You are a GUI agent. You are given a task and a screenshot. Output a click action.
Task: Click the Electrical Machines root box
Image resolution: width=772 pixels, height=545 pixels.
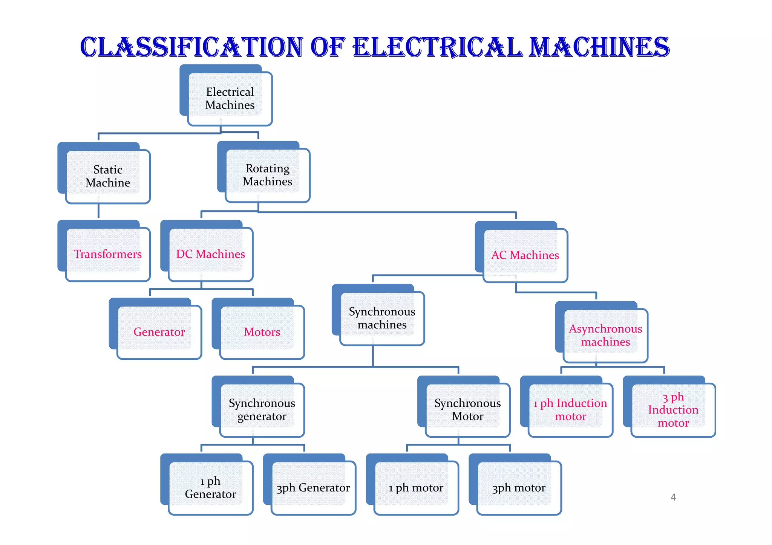coord(230,98)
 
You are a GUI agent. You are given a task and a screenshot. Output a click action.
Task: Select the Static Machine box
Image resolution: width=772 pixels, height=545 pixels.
coord(108,176)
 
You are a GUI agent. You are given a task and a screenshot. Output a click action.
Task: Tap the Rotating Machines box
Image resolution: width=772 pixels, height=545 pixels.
coord(267,175)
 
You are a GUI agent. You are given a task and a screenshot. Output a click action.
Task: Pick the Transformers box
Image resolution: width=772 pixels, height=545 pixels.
coord(108,254)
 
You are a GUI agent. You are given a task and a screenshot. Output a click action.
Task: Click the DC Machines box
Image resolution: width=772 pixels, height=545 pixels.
coord(210,254)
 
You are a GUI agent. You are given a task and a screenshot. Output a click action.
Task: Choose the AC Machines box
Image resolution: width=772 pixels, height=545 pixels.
coord(525,255)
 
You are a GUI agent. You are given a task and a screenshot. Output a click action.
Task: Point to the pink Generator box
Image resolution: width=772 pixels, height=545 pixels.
coord(159,332)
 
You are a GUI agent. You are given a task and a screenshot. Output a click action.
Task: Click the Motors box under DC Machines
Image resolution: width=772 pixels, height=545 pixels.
coord(262,332)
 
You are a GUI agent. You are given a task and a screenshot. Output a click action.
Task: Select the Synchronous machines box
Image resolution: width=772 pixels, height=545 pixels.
coord(382,318)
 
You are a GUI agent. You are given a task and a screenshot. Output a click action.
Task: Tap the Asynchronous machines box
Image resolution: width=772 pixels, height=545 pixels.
coord(605,335)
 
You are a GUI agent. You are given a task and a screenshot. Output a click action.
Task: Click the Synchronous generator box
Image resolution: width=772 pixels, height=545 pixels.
coord(262,409)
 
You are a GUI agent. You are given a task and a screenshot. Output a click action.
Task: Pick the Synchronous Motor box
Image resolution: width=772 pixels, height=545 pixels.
coord(467,409)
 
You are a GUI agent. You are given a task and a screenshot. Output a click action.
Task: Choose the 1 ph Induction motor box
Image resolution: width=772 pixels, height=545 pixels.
coord(570,409)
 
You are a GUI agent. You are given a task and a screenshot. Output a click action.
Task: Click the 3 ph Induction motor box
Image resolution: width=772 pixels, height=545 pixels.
coord(673,409)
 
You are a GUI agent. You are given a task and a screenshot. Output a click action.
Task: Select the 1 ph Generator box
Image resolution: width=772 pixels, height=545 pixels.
coord(210,487)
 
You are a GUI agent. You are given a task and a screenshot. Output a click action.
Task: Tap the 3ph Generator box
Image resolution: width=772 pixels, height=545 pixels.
coord(313,487)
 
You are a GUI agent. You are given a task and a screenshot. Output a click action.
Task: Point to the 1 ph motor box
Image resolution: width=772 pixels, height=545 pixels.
coord(416,487)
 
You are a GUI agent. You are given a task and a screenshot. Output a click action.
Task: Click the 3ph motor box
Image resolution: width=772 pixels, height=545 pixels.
coord(519,487)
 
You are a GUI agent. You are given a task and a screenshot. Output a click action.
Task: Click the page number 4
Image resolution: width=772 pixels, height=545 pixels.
coord(673,497)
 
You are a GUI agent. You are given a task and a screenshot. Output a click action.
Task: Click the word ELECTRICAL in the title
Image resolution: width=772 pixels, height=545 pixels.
coord(437,47)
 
